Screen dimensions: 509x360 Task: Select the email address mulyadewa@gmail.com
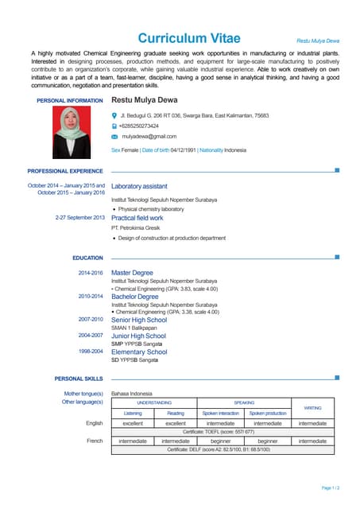tap(149, 137)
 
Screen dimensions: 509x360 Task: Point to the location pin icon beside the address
tap(114, 115)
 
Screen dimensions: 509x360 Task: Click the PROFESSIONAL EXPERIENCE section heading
tap(65, 171)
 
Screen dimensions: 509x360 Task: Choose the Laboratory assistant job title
tap(139, 186)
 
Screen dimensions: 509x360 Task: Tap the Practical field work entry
tap(137, 217)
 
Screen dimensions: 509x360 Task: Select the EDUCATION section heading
tap(87, 258)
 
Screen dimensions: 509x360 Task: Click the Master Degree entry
tap(132, 273)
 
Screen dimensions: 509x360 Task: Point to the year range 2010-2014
tap(91, 296)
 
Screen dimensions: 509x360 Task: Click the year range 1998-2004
tap(91, 351)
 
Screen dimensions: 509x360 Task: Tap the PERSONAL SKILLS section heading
tap(79, 379)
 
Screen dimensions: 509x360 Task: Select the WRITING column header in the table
tap(312, 408)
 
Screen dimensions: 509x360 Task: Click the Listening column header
tap(133, 414)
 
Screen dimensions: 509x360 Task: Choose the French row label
tap(95, 441)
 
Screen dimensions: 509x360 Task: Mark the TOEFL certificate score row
tap(219, 432)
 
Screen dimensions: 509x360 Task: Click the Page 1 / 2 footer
tap(331, 488)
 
